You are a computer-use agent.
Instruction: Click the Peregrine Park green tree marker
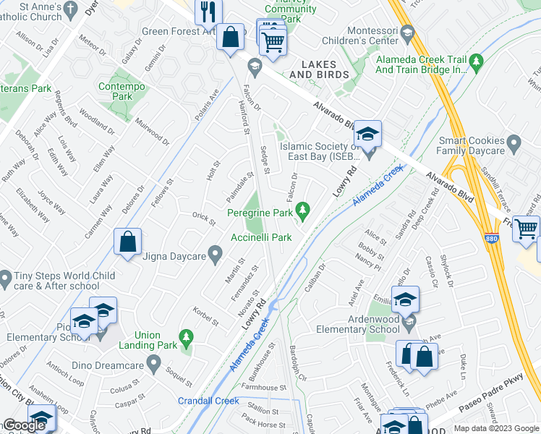304,211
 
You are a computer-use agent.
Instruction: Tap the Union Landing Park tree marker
187,337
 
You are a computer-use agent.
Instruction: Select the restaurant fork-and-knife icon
208,12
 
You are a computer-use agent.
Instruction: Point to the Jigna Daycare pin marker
215,252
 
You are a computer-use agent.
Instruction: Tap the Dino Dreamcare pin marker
153,362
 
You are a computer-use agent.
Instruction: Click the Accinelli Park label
261,237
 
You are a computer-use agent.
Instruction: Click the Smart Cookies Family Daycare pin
514,143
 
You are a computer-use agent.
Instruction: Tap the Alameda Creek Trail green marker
475,61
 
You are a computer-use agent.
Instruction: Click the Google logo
24,425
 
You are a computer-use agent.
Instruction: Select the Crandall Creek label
208,401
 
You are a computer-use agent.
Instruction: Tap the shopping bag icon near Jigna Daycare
127,242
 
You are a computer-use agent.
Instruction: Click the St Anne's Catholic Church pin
70,9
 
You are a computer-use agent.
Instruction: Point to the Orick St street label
204,217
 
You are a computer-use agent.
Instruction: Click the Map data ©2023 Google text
495,428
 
